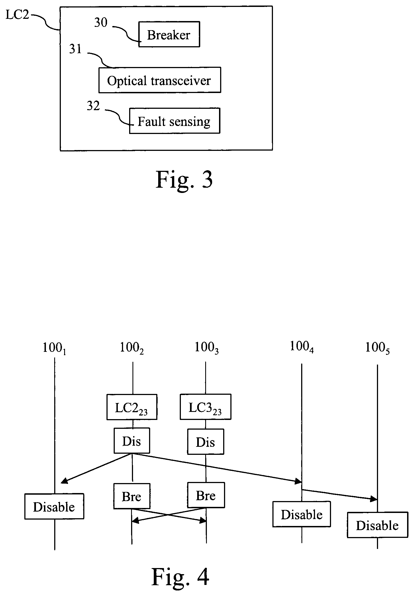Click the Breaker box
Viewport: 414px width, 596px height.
click(x=169, y=35)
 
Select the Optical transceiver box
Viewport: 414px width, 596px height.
click(x=160, y=80)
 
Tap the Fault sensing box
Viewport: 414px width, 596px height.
click(x=175, y=121)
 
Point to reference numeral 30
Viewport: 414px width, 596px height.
click(x=101, y=22)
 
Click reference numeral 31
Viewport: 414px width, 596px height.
click(x=75, y=49)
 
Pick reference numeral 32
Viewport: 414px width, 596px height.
click(x=93, y=106)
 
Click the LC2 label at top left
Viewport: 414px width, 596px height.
click(x=17, y=15)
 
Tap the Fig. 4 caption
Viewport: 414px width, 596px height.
click(x=180, y=577)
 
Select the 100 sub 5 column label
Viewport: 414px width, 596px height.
click(x=377, y=348)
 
